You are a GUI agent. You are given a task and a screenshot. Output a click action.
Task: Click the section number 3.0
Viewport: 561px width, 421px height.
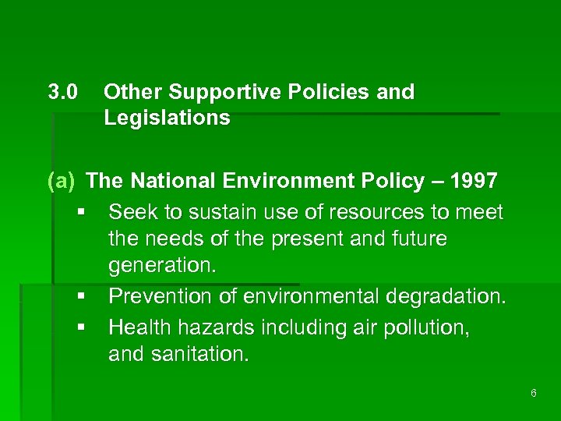click(x=62, y=92)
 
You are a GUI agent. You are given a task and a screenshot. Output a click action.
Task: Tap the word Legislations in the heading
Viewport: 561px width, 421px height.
click(x=167, y=118)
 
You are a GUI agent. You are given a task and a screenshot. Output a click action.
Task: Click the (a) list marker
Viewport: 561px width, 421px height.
click(x=62, y=182)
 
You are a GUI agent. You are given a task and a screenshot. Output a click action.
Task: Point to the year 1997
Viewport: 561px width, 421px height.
click(x=474, y=182)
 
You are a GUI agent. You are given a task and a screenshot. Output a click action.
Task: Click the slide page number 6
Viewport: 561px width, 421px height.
click(x=533, y=393)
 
